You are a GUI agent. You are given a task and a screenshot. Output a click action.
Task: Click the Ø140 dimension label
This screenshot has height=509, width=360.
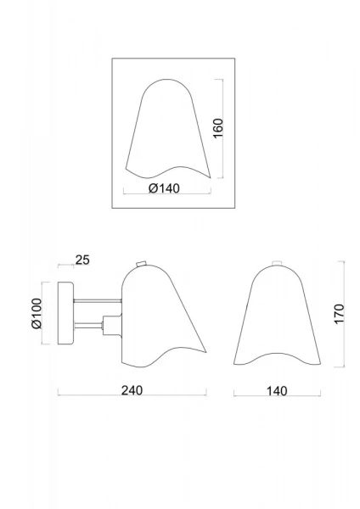pos(164,188)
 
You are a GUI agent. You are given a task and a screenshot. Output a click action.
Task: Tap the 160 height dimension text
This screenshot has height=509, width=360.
pos(218,128)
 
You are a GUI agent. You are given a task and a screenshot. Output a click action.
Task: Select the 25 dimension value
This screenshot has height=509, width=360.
pos(82,260)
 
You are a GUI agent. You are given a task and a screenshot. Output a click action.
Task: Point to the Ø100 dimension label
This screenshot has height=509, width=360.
pos(37,313)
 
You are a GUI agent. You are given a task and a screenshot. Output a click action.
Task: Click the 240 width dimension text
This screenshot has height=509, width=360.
pos(132,390)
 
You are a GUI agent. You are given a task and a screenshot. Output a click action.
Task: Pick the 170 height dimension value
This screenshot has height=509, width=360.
pos(339,314)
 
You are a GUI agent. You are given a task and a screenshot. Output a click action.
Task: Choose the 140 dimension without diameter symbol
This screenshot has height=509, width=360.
pos(277,391)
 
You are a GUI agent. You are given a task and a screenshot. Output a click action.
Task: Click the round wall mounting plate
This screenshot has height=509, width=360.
pos(66,313)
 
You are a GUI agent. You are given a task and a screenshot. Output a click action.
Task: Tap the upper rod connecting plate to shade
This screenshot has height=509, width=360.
pos(98,301)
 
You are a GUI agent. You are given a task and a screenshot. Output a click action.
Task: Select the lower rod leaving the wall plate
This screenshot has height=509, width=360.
pos(88,324)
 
